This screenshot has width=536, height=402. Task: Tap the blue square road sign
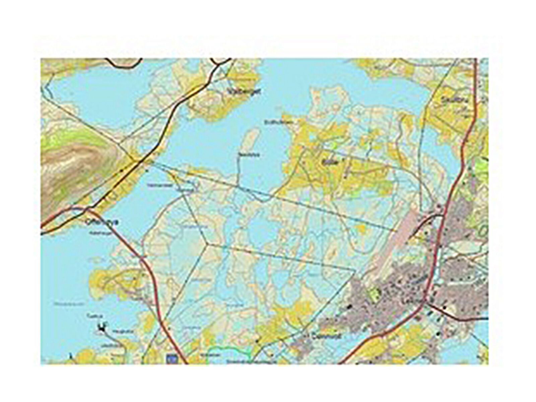tap(173, 359)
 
